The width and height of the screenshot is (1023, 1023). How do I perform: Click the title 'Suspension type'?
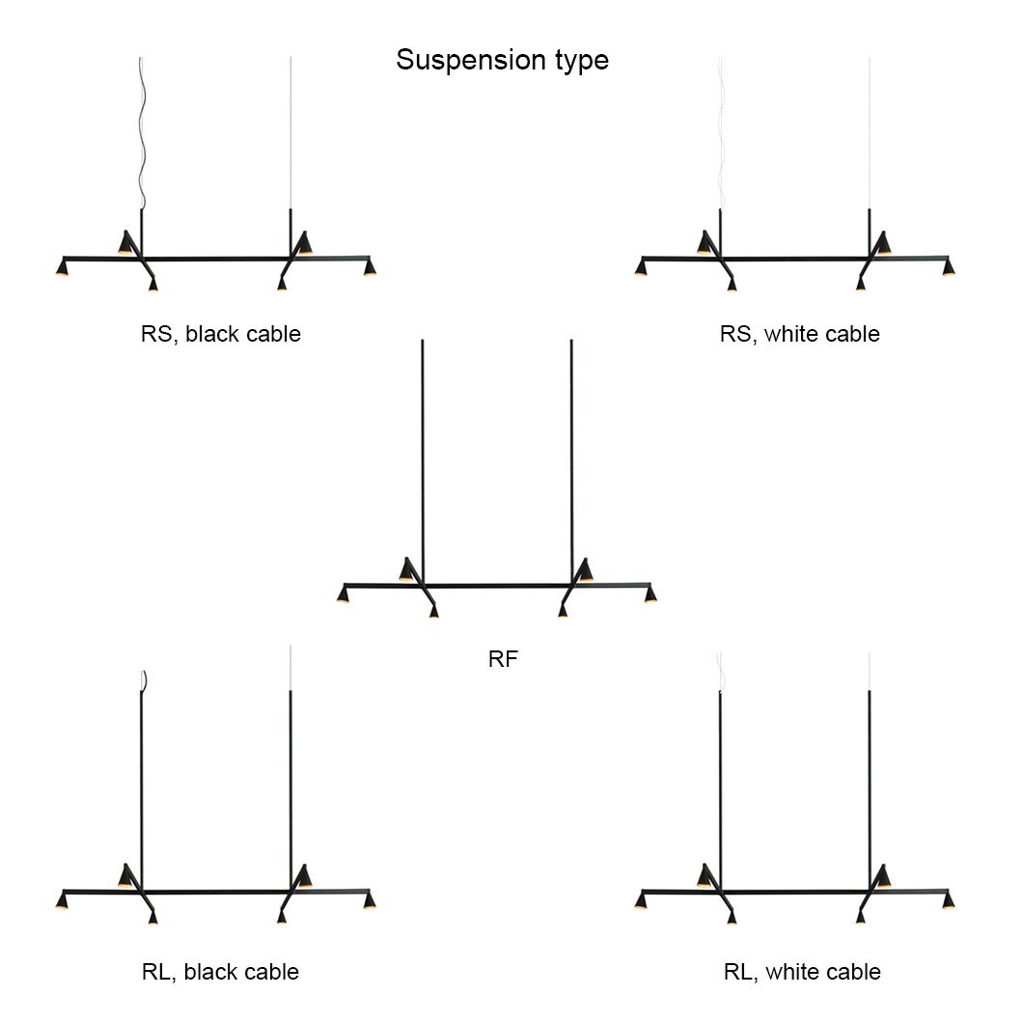pos(502,60)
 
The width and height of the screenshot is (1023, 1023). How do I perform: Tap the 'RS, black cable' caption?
pos(221,334)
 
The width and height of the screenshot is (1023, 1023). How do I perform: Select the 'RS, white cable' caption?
pos(799,334)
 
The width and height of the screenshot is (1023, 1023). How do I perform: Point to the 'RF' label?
pos(503,660)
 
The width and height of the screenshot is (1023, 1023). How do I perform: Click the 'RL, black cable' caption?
pos(220,971)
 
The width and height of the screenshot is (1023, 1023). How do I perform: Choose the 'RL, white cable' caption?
pos(801,971)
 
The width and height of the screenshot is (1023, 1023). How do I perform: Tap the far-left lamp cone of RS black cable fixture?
pos(63,267)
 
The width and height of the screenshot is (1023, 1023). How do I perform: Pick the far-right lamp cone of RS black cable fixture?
pos(369,267)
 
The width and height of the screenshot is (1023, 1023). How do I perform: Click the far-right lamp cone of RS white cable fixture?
pos(948,267)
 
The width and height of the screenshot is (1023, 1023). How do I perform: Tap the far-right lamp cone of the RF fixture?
pos(650,594)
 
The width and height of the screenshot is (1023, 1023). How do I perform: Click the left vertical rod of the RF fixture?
pos(423,454)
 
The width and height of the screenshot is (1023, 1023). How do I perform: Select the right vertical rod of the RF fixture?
pos(571,454)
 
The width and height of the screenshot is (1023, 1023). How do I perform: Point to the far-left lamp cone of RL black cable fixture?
pos(63,901)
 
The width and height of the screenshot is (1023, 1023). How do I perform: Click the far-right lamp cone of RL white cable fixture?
pos(948,901)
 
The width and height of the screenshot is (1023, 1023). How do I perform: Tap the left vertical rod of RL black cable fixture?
pos(141,772)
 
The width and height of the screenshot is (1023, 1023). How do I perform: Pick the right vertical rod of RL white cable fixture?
pos(869,772)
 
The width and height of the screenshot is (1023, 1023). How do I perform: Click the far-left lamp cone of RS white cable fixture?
pos(641,267)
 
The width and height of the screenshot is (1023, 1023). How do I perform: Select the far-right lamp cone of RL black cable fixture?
pos(369,901)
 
